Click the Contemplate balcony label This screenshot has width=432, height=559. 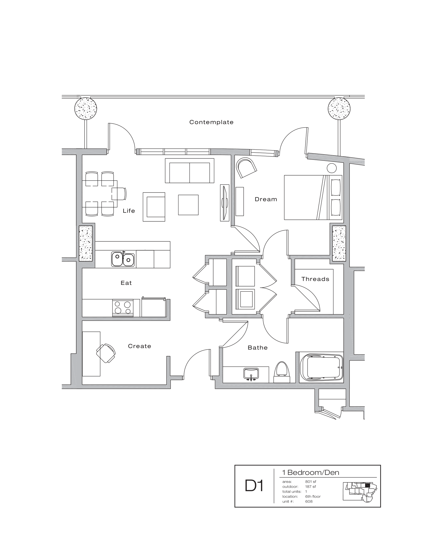point(211,122)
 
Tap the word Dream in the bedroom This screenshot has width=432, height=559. point(266,199)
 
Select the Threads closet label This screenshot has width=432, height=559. point(315,279)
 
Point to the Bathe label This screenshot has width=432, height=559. point(257,348)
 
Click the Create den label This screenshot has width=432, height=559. point(140,346)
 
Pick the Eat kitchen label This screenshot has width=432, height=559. point(126,283)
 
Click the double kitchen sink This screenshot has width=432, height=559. point(123,259)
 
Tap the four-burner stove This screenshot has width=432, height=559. point(123,307)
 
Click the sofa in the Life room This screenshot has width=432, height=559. point(189,171)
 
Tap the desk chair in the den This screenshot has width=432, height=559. point(106,353)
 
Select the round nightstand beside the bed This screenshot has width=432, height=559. point(332,168)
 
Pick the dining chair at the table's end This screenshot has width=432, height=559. point(119,194)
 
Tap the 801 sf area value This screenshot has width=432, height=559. point(311,482)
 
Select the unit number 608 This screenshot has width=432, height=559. point(309,501)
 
